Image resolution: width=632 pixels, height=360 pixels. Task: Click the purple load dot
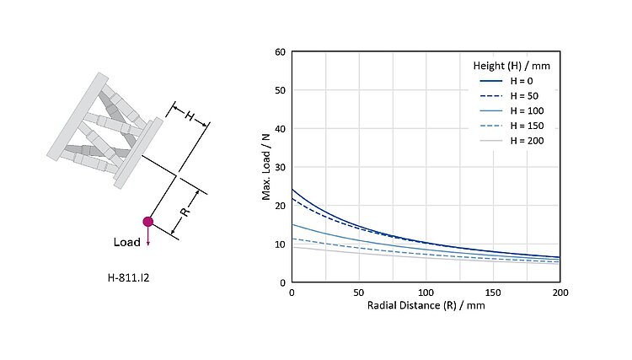pos(148,222)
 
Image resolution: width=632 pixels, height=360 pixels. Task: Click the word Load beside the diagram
pos(127,243)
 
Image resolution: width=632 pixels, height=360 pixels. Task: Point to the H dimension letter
pos(190,116)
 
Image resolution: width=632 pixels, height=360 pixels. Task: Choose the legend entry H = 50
pos(522,95)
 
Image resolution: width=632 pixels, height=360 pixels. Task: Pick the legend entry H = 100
pos(525,110)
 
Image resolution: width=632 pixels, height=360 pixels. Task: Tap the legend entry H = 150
pos(525,126)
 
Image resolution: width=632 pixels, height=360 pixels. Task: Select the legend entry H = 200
pos(525,141)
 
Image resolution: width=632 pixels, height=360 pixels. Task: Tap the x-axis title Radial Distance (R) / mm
pos(426,305)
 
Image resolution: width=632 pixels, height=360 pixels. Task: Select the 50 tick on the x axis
pos(358,292)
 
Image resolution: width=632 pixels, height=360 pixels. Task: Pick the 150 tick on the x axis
pos(493,292)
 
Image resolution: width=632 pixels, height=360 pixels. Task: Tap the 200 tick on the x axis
pos(560,292)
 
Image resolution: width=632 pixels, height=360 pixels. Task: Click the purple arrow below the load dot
pos(148,238)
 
